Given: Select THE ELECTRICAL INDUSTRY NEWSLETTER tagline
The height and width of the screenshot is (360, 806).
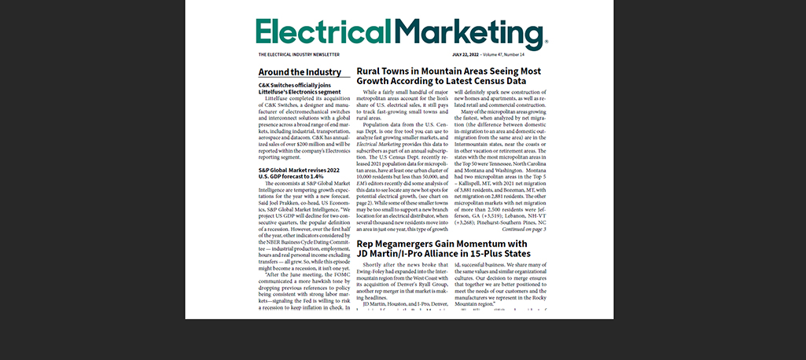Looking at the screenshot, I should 299,55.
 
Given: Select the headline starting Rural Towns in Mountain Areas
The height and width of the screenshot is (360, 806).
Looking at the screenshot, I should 448,71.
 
